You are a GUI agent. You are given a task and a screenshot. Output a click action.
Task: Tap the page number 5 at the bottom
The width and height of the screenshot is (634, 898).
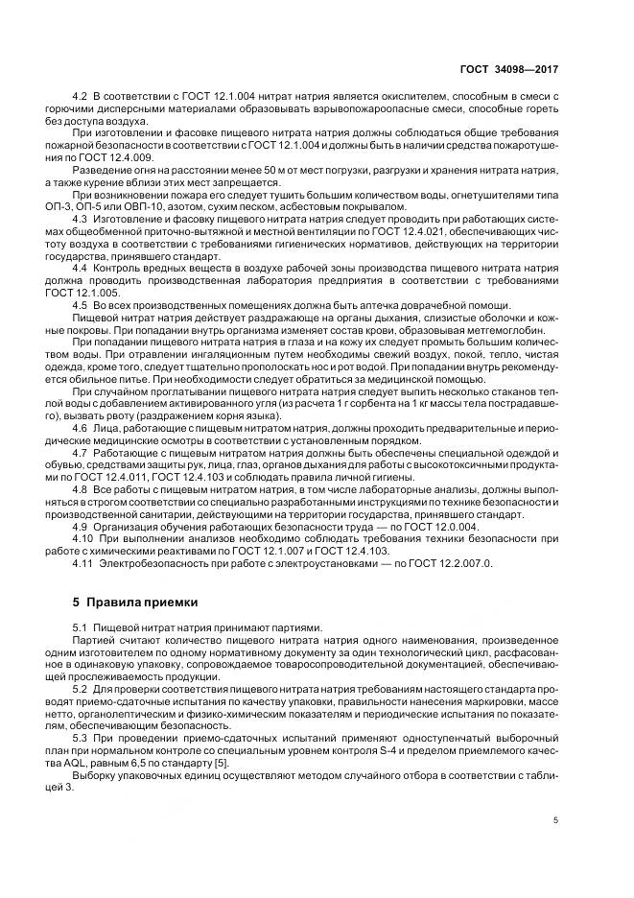558,820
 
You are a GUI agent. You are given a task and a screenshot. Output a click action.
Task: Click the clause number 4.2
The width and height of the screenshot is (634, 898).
80,99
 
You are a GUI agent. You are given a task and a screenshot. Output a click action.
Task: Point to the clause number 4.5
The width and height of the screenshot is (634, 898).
80,305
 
